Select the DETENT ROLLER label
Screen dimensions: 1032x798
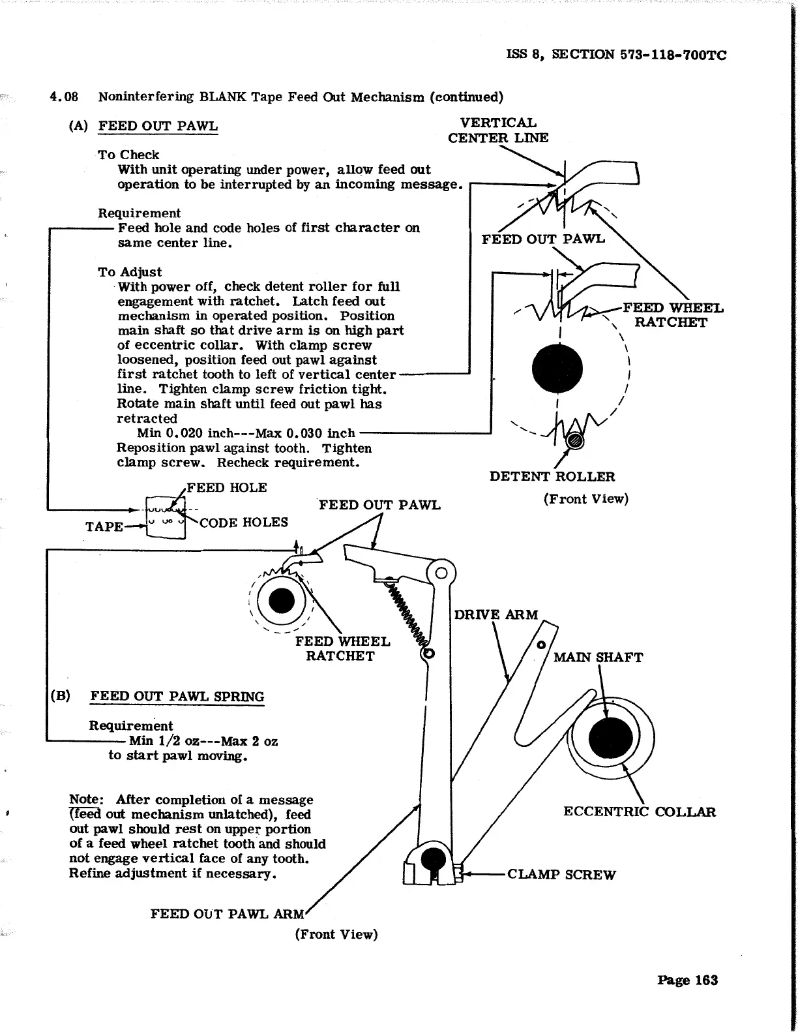[552, 476]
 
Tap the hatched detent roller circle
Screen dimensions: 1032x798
[574, 441]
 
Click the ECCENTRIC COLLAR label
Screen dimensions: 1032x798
[639, 812]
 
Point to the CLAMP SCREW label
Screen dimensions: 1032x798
[561, 875]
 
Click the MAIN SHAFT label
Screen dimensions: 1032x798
[598, 658]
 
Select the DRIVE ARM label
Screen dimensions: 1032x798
[496, 615]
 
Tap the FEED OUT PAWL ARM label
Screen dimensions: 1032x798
[227, 914]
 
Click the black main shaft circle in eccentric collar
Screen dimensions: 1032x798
[610, 738]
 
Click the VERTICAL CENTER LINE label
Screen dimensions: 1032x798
[498, 130]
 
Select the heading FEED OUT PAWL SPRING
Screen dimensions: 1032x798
[177, 696]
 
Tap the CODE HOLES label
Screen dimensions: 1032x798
[244, 523]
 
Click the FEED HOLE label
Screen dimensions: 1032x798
[226, 488]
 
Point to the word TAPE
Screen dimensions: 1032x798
[104, 526]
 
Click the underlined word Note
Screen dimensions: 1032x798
[85, 800]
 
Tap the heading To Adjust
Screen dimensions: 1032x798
[130, 272]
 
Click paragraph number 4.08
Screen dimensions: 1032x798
[64, 97]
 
